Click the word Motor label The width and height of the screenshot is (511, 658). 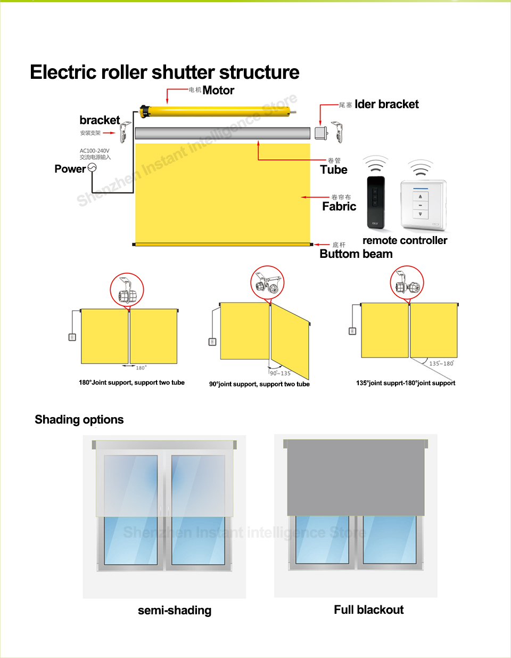[218, 91]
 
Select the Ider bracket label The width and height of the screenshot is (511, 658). [386, 104]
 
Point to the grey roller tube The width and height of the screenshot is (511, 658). [222, 133]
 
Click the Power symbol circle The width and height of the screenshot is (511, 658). [92, 168]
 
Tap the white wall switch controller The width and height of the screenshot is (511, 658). [423, 205]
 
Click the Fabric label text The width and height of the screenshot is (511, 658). [339, 207]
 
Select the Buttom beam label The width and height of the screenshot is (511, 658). [356, 254]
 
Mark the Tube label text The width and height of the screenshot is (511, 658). [334, 170]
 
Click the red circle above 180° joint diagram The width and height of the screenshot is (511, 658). [127, 290]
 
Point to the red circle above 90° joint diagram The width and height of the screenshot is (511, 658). [267, 282]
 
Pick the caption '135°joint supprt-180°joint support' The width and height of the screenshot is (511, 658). [406, 383]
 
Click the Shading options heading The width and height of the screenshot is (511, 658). [79, 420]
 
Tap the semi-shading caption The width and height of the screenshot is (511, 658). [175, 611]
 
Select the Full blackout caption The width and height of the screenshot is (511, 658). [369, 610]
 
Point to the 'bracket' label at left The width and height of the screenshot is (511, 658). [100, 120]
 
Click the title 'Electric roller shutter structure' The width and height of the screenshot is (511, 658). [164, 72]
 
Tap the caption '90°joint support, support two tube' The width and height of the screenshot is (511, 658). [259, 384]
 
